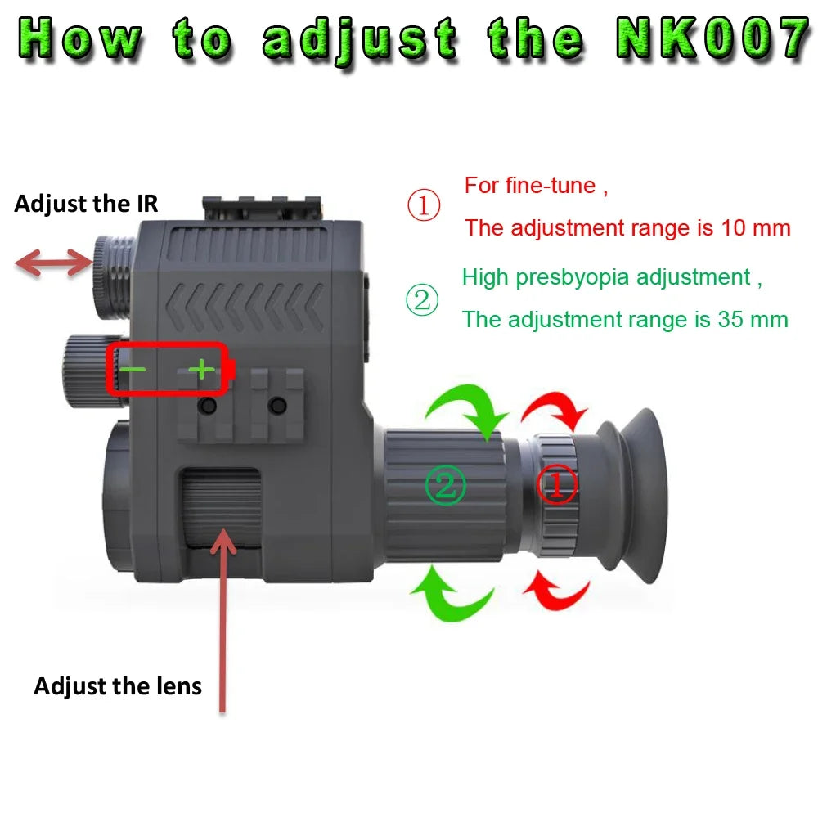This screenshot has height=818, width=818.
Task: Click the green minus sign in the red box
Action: coord(133,370)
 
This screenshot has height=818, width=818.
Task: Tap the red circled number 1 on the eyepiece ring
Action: coord(556,486)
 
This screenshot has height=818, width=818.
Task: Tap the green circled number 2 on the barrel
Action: coord(445,486)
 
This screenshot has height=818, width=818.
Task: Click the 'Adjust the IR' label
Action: coord(86,204)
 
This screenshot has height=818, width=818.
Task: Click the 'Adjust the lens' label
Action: coord(118,685)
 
